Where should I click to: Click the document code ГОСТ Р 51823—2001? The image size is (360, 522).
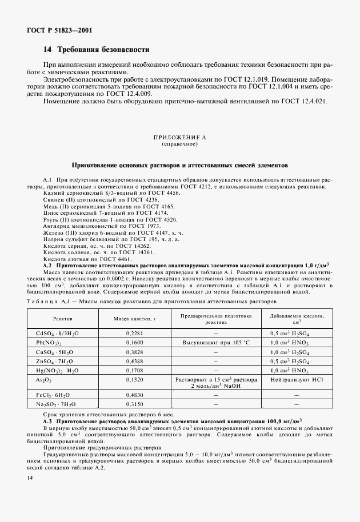[x=59, y=30]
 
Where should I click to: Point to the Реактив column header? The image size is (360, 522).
[x=63, y=318]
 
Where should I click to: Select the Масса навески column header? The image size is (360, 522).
[x=134, y=318]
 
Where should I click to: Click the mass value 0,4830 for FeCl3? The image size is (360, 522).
[x=134, y=394]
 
